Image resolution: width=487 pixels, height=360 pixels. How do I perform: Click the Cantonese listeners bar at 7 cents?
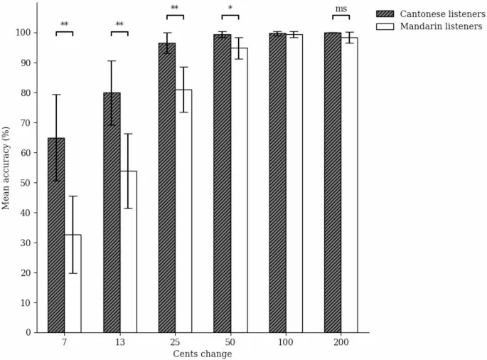pyautogui.click(x=56, y=235)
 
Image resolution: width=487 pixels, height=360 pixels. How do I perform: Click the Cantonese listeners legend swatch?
pyautogui.click(x=388, y=14)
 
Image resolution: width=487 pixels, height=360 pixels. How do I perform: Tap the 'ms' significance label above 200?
pyautogui.click(x=341, y=9)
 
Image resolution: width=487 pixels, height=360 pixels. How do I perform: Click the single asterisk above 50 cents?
pyautogui.click(x=230, y=9)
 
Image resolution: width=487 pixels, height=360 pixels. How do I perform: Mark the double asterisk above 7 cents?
pyautogui.click(x=65, y=25)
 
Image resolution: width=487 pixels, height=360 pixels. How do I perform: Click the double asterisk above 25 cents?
pyautogui.click(x=175, y=9)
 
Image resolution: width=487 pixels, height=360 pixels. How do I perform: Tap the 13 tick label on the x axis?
pyautogui.click(x=119, y=343)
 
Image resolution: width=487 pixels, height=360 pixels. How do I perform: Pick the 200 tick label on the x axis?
pyautogui.click(x=341, y=343)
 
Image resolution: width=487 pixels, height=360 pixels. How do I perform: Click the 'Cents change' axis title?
pyautogui.click(x=203, y=354)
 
